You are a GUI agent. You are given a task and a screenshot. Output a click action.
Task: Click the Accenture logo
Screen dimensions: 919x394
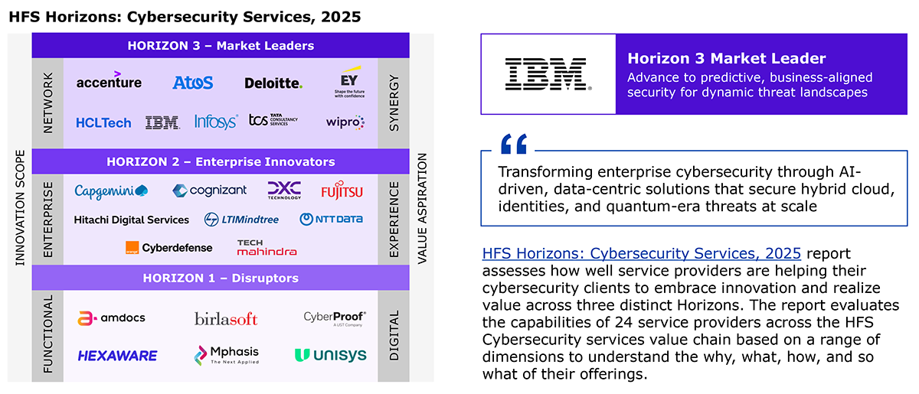coord(109,80)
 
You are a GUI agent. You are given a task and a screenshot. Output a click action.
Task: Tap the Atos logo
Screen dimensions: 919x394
coord(193,83)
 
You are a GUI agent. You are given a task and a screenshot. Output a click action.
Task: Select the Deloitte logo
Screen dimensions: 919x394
coord(273,83)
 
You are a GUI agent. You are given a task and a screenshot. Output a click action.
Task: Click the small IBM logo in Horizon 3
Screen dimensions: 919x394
coord(162,122)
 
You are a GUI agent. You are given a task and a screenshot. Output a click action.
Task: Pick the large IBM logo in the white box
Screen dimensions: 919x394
coord(548,73)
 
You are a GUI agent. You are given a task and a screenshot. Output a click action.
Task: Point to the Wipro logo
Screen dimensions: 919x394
coord(345,122)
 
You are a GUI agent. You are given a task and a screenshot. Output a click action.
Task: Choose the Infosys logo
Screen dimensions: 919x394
coord(216,122)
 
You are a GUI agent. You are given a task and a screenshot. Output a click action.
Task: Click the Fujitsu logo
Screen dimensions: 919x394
coord(342,190)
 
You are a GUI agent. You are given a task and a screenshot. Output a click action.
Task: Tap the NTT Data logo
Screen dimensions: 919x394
coord(331,220)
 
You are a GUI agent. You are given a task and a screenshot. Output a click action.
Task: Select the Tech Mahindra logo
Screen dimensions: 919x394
coord(267,248)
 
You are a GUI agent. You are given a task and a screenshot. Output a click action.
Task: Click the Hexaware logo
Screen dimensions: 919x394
coord(117,356)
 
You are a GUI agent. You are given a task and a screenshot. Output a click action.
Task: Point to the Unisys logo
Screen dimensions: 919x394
coord(331,355)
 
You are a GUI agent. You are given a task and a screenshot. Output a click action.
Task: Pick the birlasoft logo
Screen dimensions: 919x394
coord(226,318)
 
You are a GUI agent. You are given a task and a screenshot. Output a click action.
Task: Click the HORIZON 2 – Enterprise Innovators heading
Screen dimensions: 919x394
coord(221,161)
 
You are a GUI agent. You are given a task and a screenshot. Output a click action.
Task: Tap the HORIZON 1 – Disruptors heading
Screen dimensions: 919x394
coord(221,278)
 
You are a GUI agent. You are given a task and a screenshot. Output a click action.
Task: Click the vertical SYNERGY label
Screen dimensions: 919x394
coord(394,103)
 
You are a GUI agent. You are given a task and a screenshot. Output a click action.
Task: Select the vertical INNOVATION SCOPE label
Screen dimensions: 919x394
coord(20,207)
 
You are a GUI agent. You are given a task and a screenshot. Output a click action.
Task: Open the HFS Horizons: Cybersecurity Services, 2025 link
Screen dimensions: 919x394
coord(641,253)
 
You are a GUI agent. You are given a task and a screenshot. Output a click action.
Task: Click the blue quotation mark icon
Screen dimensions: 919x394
coord(514,144)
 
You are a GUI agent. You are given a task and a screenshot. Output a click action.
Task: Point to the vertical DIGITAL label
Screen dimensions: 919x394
coord(394,335)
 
